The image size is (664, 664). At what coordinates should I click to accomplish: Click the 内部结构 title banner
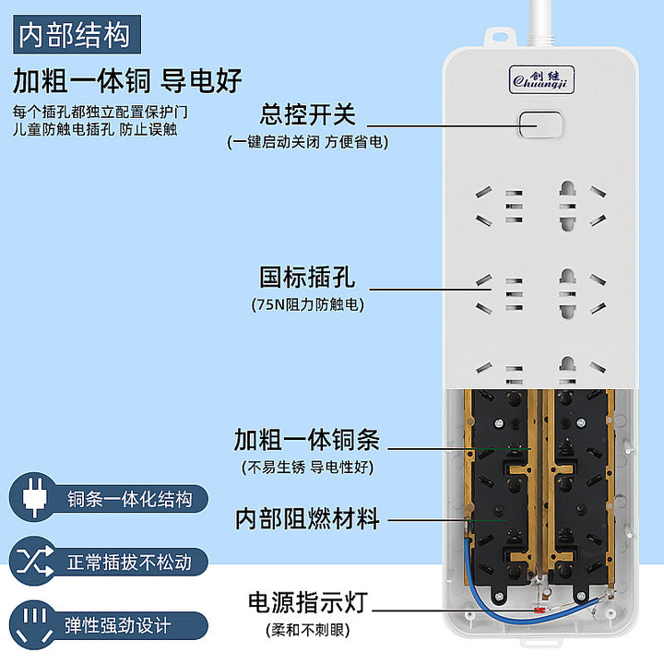[77, 34]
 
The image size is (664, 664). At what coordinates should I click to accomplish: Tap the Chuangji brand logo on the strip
[541, 79]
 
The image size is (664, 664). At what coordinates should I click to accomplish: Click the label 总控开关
[308, 114]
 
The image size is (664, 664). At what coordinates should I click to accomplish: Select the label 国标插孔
[307, 278]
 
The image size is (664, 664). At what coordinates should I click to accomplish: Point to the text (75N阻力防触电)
[308, 304]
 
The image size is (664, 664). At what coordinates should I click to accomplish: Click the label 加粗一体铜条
[307, 440]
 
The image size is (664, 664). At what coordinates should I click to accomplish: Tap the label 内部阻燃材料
[307, 518]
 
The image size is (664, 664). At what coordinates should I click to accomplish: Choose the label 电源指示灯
[308, 602]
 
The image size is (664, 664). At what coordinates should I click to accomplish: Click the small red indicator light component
[539, 611]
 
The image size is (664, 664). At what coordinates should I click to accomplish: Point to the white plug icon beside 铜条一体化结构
[34, 497]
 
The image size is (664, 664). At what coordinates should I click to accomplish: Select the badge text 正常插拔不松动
[129, 563]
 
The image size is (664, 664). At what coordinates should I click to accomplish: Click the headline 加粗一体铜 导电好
[127, 80]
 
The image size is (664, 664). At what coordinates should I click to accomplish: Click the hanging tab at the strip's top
[500, 37]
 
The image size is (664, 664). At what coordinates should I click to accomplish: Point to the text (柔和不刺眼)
[308, 630]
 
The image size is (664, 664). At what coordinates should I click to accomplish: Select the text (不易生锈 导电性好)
[308, 468]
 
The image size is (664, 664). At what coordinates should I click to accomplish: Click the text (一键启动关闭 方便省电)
[308, 142]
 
